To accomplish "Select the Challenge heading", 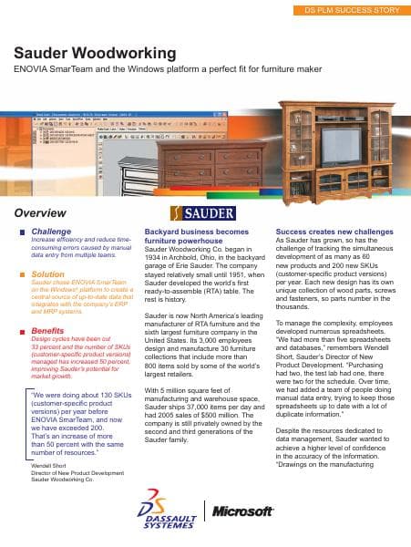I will coord(50,232).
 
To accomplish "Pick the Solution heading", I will coord(48,273).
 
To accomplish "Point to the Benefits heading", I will coord(48,330).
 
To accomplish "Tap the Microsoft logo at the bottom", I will coord(243,511).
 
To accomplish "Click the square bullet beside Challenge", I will coord(22,232).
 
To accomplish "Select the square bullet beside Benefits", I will coord(22,330).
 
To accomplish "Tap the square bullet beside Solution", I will coord(22,273).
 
